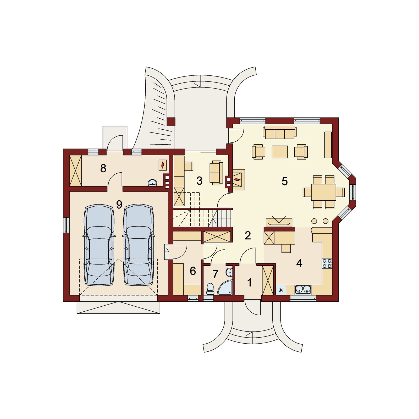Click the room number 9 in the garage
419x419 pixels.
119,205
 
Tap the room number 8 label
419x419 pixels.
103,168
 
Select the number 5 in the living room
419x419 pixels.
285,181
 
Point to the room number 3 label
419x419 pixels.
200,181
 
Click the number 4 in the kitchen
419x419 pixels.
299,263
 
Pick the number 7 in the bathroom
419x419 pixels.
215,274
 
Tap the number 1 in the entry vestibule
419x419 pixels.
250,283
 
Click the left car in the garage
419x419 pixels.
99,245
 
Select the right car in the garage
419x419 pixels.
138,245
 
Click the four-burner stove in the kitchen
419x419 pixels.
327,263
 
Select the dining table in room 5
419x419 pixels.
323,192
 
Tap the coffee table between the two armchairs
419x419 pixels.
280,152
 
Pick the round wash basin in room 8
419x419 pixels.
152,183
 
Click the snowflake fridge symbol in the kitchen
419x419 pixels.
281,290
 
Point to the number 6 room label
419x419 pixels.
193,271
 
